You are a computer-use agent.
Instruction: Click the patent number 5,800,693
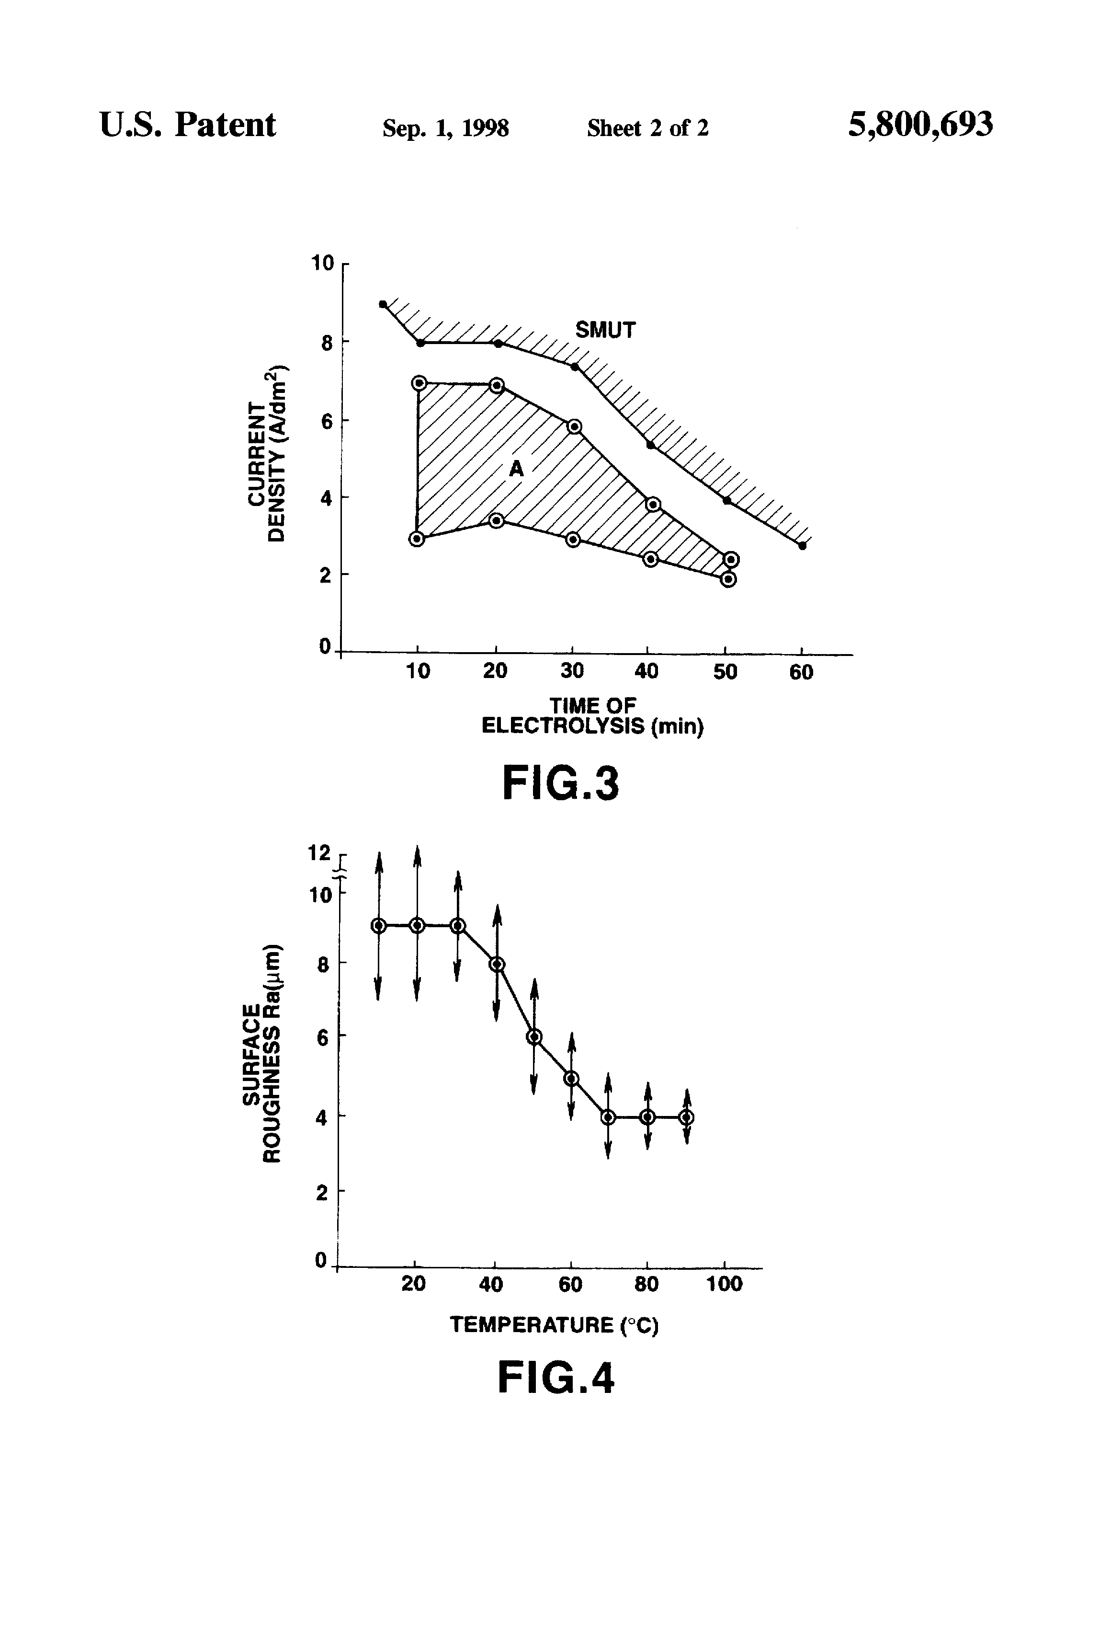pos(920,125)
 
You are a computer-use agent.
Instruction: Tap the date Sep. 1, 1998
pos(445,128)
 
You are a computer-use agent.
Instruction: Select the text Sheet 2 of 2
pos(647,128)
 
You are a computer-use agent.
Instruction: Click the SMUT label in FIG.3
pos(605,330)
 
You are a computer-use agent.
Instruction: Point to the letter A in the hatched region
pos(516,469)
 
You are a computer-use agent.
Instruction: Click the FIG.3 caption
pos(560,783)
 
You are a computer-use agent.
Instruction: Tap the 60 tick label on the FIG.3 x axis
pos(801,672)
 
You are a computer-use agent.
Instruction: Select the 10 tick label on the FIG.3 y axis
pos(322,264)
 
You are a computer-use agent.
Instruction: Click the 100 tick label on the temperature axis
pos(724,1284)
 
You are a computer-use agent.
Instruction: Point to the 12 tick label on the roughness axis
pos(319,853)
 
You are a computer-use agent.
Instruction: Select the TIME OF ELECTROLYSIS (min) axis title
pos(592,715)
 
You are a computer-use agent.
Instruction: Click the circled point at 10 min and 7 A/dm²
pos(419,383)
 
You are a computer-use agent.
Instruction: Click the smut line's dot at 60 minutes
pos(802,546)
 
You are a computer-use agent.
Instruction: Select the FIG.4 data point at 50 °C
pos(534,1037)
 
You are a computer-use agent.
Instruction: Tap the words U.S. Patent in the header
pos(188,125)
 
